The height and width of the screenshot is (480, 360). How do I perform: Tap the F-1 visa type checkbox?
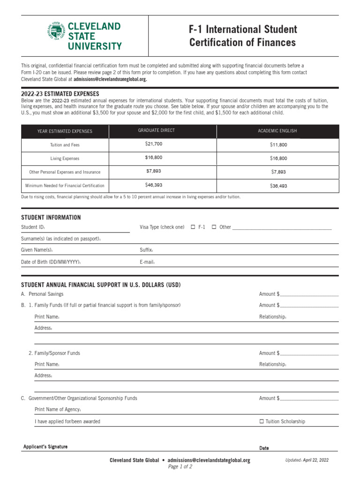point(193,227)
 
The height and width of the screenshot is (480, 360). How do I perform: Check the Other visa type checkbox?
point(214,227)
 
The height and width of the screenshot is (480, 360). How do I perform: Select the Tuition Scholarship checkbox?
point(262,421)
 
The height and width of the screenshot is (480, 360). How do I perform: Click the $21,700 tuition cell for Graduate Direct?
point(154,144)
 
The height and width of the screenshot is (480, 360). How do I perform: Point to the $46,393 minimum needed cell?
point(154,185)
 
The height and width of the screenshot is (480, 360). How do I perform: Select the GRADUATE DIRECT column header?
point(156,130)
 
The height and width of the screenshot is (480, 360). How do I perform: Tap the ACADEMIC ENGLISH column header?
point(277,131)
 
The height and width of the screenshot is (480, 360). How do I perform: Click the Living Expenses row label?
point(65,158)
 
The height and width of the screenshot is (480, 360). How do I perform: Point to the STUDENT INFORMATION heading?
point(51,217)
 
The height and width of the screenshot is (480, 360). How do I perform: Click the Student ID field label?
point(33,227)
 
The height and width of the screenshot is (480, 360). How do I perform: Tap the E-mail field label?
point(147,262)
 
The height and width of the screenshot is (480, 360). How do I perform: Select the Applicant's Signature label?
point(45,447)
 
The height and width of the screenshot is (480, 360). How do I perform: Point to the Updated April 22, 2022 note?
point(307,460)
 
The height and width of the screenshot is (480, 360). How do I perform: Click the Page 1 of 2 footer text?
point(180,467)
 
